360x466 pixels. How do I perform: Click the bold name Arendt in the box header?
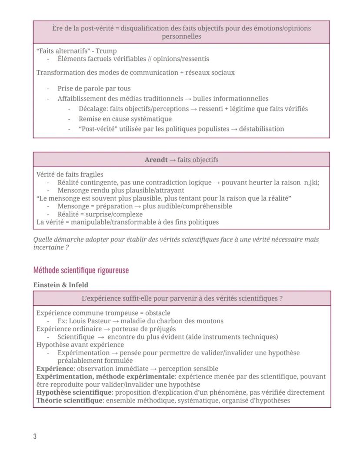(x=156, y=160)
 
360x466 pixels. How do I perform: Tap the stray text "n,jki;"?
(x=311, y=182)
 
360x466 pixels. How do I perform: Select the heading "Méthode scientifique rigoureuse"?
(x=81, y=270)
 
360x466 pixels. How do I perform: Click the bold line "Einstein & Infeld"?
(x=61, y=285)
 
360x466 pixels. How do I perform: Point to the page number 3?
(x=35, y=436)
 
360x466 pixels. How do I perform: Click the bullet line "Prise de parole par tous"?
(x=94, y=88)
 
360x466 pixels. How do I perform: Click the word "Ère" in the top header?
(x=57, y=28)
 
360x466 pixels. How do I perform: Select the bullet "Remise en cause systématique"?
(x=125, y=119)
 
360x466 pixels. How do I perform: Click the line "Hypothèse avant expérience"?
(x=80, y=345)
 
